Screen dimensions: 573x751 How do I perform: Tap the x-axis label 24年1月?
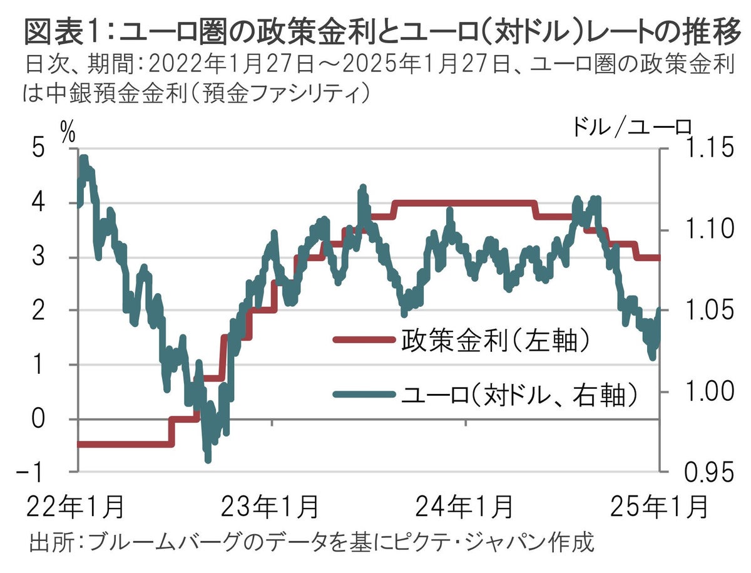coord(467,506)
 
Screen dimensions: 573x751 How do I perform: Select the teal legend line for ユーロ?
coord(363,393)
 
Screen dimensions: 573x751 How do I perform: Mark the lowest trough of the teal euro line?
coord(208,460)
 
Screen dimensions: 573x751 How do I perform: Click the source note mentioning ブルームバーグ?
coord(311,541)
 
